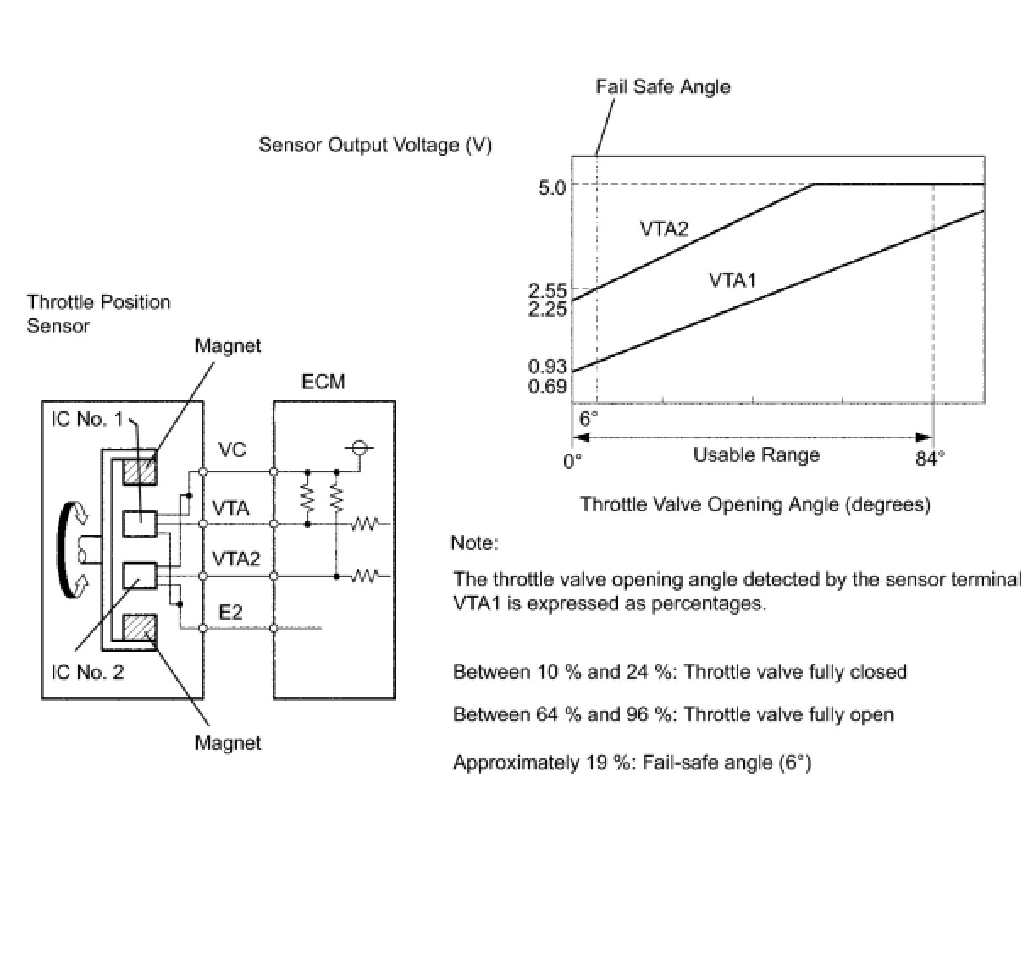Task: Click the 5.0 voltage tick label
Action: (552, 188)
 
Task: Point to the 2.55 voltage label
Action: (548, 290)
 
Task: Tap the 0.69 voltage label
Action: (548, 386)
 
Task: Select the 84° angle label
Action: (930, 459)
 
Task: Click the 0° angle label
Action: (572, 460)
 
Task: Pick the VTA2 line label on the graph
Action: (664, 229)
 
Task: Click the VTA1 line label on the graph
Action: (732, 280)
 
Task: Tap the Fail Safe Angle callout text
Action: (663, 86)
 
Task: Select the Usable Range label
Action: (756, 455)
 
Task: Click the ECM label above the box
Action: (323, 382)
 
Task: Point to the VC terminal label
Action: (232, 449)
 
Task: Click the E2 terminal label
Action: (231, 612)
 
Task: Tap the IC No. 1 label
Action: (86, 419)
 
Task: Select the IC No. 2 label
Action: (87, 672)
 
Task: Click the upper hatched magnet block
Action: (140, 472)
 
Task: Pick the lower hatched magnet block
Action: (140, 627)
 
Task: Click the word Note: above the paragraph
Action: (475, 543)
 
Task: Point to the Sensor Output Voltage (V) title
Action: (375, 145)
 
